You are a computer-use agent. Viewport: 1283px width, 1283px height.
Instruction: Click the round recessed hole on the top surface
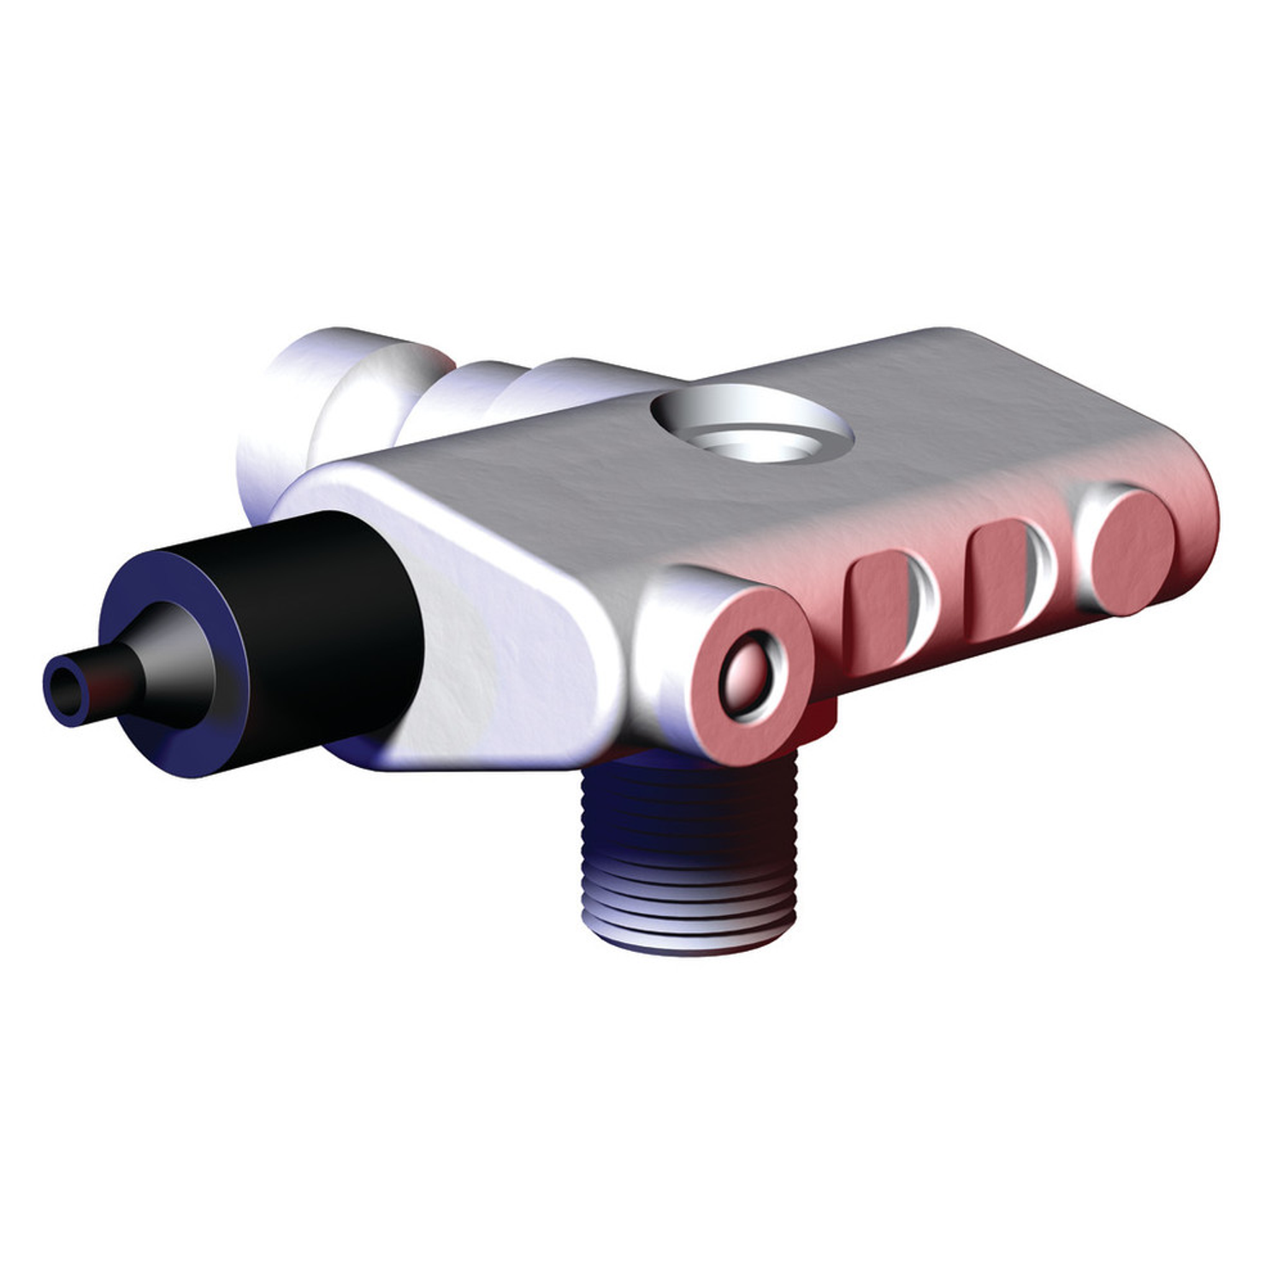coord(753,428)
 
